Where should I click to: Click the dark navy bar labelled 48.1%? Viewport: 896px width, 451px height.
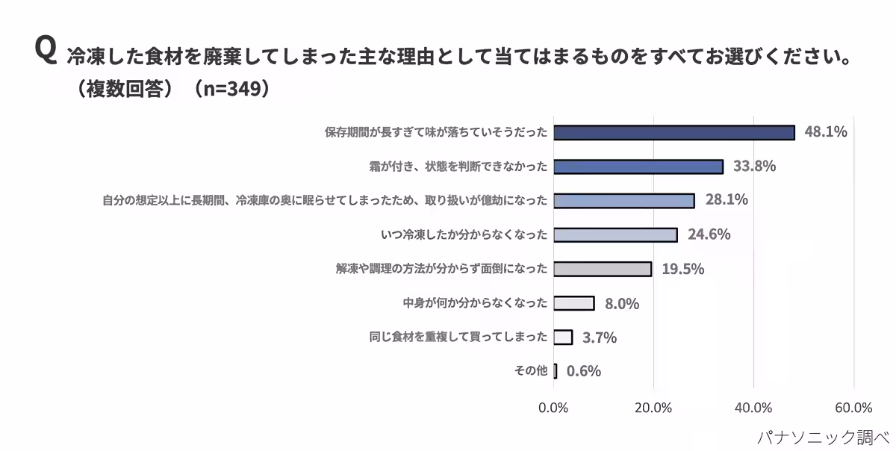(674, 132)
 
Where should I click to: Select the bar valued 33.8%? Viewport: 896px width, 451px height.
(638, 167)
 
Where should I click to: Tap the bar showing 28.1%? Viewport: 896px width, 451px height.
(624, 201)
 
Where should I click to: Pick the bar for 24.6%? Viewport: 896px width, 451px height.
(615, 235)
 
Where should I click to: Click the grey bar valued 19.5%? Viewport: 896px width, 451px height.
(603, 269)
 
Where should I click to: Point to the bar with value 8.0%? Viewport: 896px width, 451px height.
(574, 303)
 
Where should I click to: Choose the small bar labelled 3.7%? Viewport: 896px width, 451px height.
(563, 337)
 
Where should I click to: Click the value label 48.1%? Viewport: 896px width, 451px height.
(826, 131)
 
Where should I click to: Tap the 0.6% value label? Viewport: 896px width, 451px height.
(584, 371)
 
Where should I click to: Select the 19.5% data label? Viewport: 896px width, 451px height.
(682, 269)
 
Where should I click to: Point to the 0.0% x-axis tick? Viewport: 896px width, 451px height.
(553, 408)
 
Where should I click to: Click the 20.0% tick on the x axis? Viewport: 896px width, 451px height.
(653, 408)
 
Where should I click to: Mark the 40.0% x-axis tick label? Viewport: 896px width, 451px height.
(753, 408)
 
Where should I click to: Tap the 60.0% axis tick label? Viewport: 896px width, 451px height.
(853, 408)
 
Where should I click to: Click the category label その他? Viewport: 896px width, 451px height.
(531, 370)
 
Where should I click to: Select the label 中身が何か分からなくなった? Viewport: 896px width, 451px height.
(475, 303)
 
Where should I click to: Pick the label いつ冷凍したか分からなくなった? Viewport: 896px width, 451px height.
(464, 234)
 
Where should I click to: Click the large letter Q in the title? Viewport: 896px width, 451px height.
(46, 49)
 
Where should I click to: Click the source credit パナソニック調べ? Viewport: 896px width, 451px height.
(823, 438)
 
